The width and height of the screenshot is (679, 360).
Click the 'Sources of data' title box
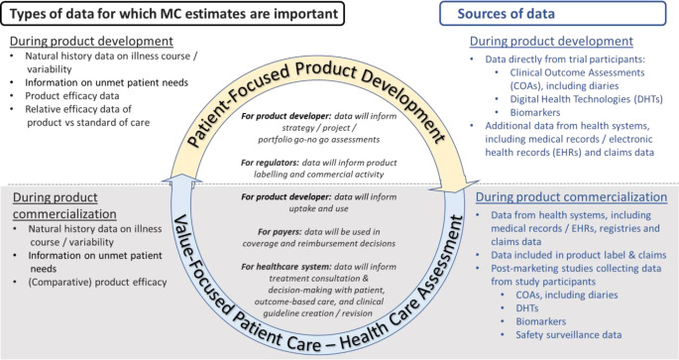pos(553,14)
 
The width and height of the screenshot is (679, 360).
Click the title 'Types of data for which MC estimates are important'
pos(172,14)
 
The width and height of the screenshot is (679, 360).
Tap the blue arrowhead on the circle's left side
pos(181,179)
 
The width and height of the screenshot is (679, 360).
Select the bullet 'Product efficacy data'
pos(72,96)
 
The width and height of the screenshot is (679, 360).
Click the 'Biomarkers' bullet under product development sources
pos(535,113)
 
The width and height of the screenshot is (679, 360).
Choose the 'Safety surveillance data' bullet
pos(569,335)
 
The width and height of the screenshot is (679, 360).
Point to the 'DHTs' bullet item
pos(527,308)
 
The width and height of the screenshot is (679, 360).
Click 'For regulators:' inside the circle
pos(270,163)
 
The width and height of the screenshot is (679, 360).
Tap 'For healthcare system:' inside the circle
pos(286,267)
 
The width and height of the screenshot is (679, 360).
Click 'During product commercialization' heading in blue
pos(571,197)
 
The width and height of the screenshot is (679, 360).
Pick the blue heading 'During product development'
pos(551,41)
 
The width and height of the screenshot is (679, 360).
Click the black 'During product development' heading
pos(91,41)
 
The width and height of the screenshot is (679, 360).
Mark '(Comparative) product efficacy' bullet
pos(97,283)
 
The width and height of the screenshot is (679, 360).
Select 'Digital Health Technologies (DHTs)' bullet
pos(587,99)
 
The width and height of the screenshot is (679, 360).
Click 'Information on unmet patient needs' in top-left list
pos(106,82)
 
